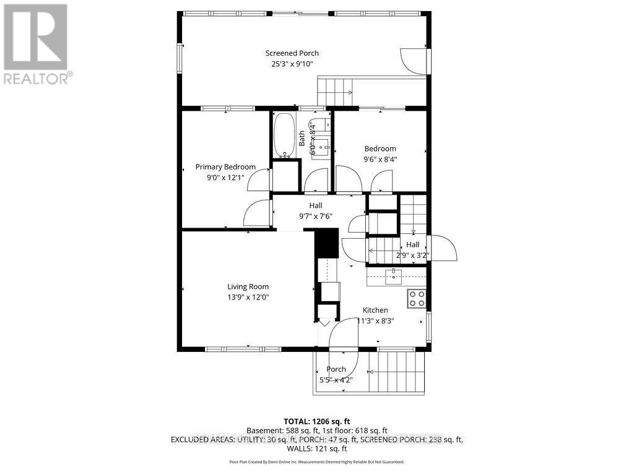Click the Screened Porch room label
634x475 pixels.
pyautogui.click(x=292, y=53)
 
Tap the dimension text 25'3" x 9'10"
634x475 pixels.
pyautogui.click(x=292, y=64)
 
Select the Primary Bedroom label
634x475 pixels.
pyautogui.click(x=225, y=167)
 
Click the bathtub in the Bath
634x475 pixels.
pyautogui.click(x=285, y=135)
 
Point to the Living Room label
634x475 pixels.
pyautogui.click(x=248, y=286)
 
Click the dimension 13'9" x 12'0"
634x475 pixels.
pyautogui.click(x=248, y=297)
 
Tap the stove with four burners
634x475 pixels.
pyautogui.click(x=417, y=299)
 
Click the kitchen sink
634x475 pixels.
pyautogui.click(x=393, y=277)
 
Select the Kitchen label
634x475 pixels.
pyautogui.click(x=375, y=310)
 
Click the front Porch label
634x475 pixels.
pyautogui.click(x=336, y=369)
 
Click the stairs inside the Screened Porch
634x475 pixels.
pyautogui.click(x=334, y=92)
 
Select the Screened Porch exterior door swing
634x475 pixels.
pyautogui.click(x=414, y=61)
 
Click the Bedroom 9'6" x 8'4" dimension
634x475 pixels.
pyautogui.click(x=380, y=159)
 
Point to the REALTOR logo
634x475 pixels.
pyautogui.click(x=37, y=43)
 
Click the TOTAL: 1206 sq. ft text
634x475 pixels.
pyautogui.click(x=317, y=421)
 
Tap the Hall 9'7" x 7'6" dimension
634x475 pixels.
pyautogui.click(x=316, y=216)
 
